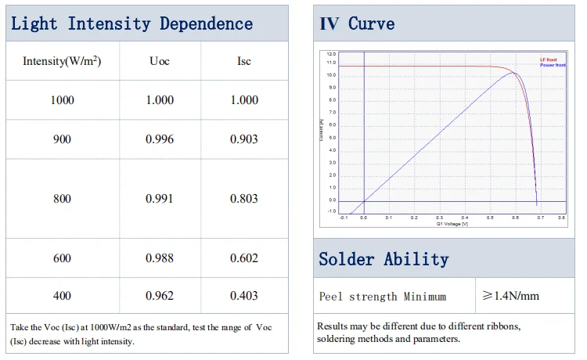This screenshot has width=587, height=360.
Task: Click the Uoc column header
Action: tap(160, 60)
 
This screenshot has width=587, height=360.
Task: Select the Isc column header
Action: tap(243, 60)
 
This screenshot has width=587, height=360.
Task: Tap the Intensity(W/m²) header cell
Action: tap(62, 60)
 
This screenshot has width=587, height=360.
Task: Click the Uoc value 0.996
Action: tap(160, 139)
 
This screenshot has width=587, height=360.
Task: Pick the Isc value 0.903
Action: tap(243, 139)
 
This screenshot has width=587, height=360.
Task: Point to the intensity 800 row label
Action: tap(62, 199)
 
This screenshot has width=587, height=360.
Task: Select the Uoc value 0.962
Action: tap(160, 296)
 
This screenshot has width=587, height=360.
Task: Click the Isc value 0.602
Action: tap(243, 258)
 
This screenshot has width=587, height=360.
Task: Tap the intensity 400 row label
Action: tap(62, 296)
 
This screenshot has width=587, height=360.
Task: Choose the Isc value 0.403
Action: tap(243, 296)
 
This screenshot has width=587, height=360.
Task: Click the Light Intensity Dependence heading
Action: tap(131, 23)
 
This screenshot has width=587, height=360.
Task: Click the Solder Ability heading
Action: tap(384, 259)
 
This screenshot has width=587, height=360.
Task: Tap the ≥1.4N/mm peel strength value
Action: tap(510, 296)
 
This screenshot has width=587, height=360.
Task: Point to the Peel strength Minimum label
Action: tap(383, 297)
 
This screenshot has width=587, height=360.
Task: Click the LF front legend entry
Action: tap(548, 59)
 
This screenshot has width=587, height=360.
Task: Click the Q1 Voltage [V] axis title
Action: tap(452, 224)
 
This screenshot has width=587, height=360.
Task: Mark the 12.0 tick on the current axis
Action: tap(332, 55)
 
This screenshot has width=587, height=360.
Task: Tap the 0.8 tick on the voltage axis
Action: tap(562, 218)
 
